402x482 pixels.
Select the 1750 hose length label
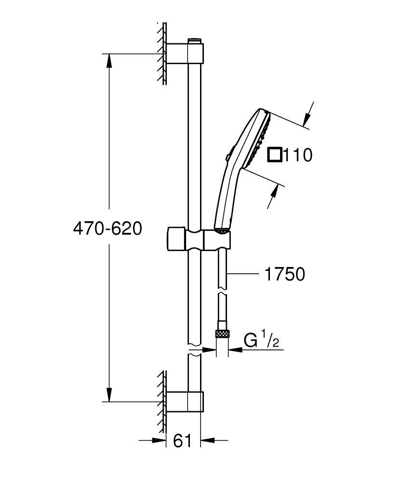284,274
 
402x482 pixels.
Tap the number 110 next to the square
298,155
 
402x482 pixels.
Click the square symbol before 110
275,155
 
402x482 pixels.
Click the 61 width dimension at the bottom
182,440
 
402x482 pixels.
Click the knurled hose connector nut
222,334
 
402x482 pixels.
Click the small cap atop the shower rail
194,39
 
